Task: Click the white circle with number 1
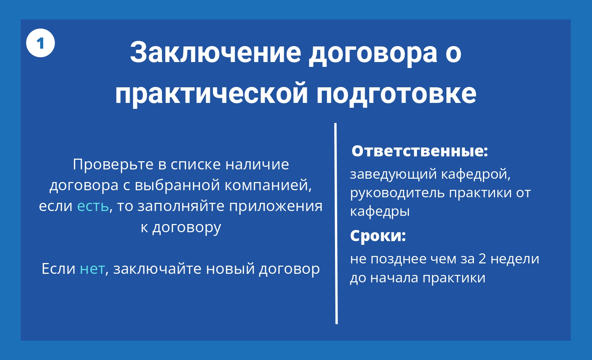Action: pyautogui.click(x=40, y=43)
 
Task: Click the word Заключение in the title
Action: pyautogui.click(x=216, y=52)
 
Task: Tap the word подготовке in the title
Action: pyautogui.click(x=396, y=94)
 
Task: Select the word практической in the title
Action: pyautogui.click(x=211, y=94)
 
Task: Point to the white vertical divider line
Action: pyautogui.click(x=336, y=223)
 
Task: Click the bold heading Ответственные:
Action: pyautogui.click(x=419, y=151)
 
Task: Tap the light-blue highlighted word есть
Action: pyautogui.click(x=93, y=206)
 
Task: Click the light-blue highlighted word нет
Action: pyautogui.click(x=92, y=269)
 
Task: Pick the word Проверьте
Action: pyautogui.click(x=113, y=165)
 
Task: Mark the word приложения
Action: pyautogui.click(x=276, y=207)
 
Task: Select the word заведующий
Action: pyautogui.click(x=393, y=175)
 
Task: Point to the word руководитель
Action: pyautogui.click(x=397, y=193)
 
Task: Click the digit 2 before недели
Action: pyautogui.click(x=482, y=259)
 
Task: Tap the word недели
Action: pyautogui.click(x=515, y=259)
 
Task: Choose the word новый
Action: pyautogui.click(x=230, y=269)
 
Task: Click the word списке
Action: pyautogui.click(x=196, y=165)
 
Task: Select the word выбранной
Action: pyautogui.click(x=177, y=185)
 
